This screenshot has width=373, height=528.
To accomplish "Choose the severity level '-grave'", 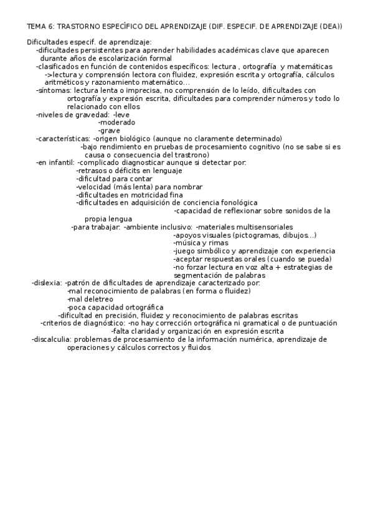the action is (110, 131).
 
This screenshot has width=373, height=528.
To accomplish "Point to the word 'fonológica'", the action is (237, 203).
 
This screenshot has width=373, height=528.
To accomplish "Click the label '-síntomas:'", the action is (54, 90).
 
